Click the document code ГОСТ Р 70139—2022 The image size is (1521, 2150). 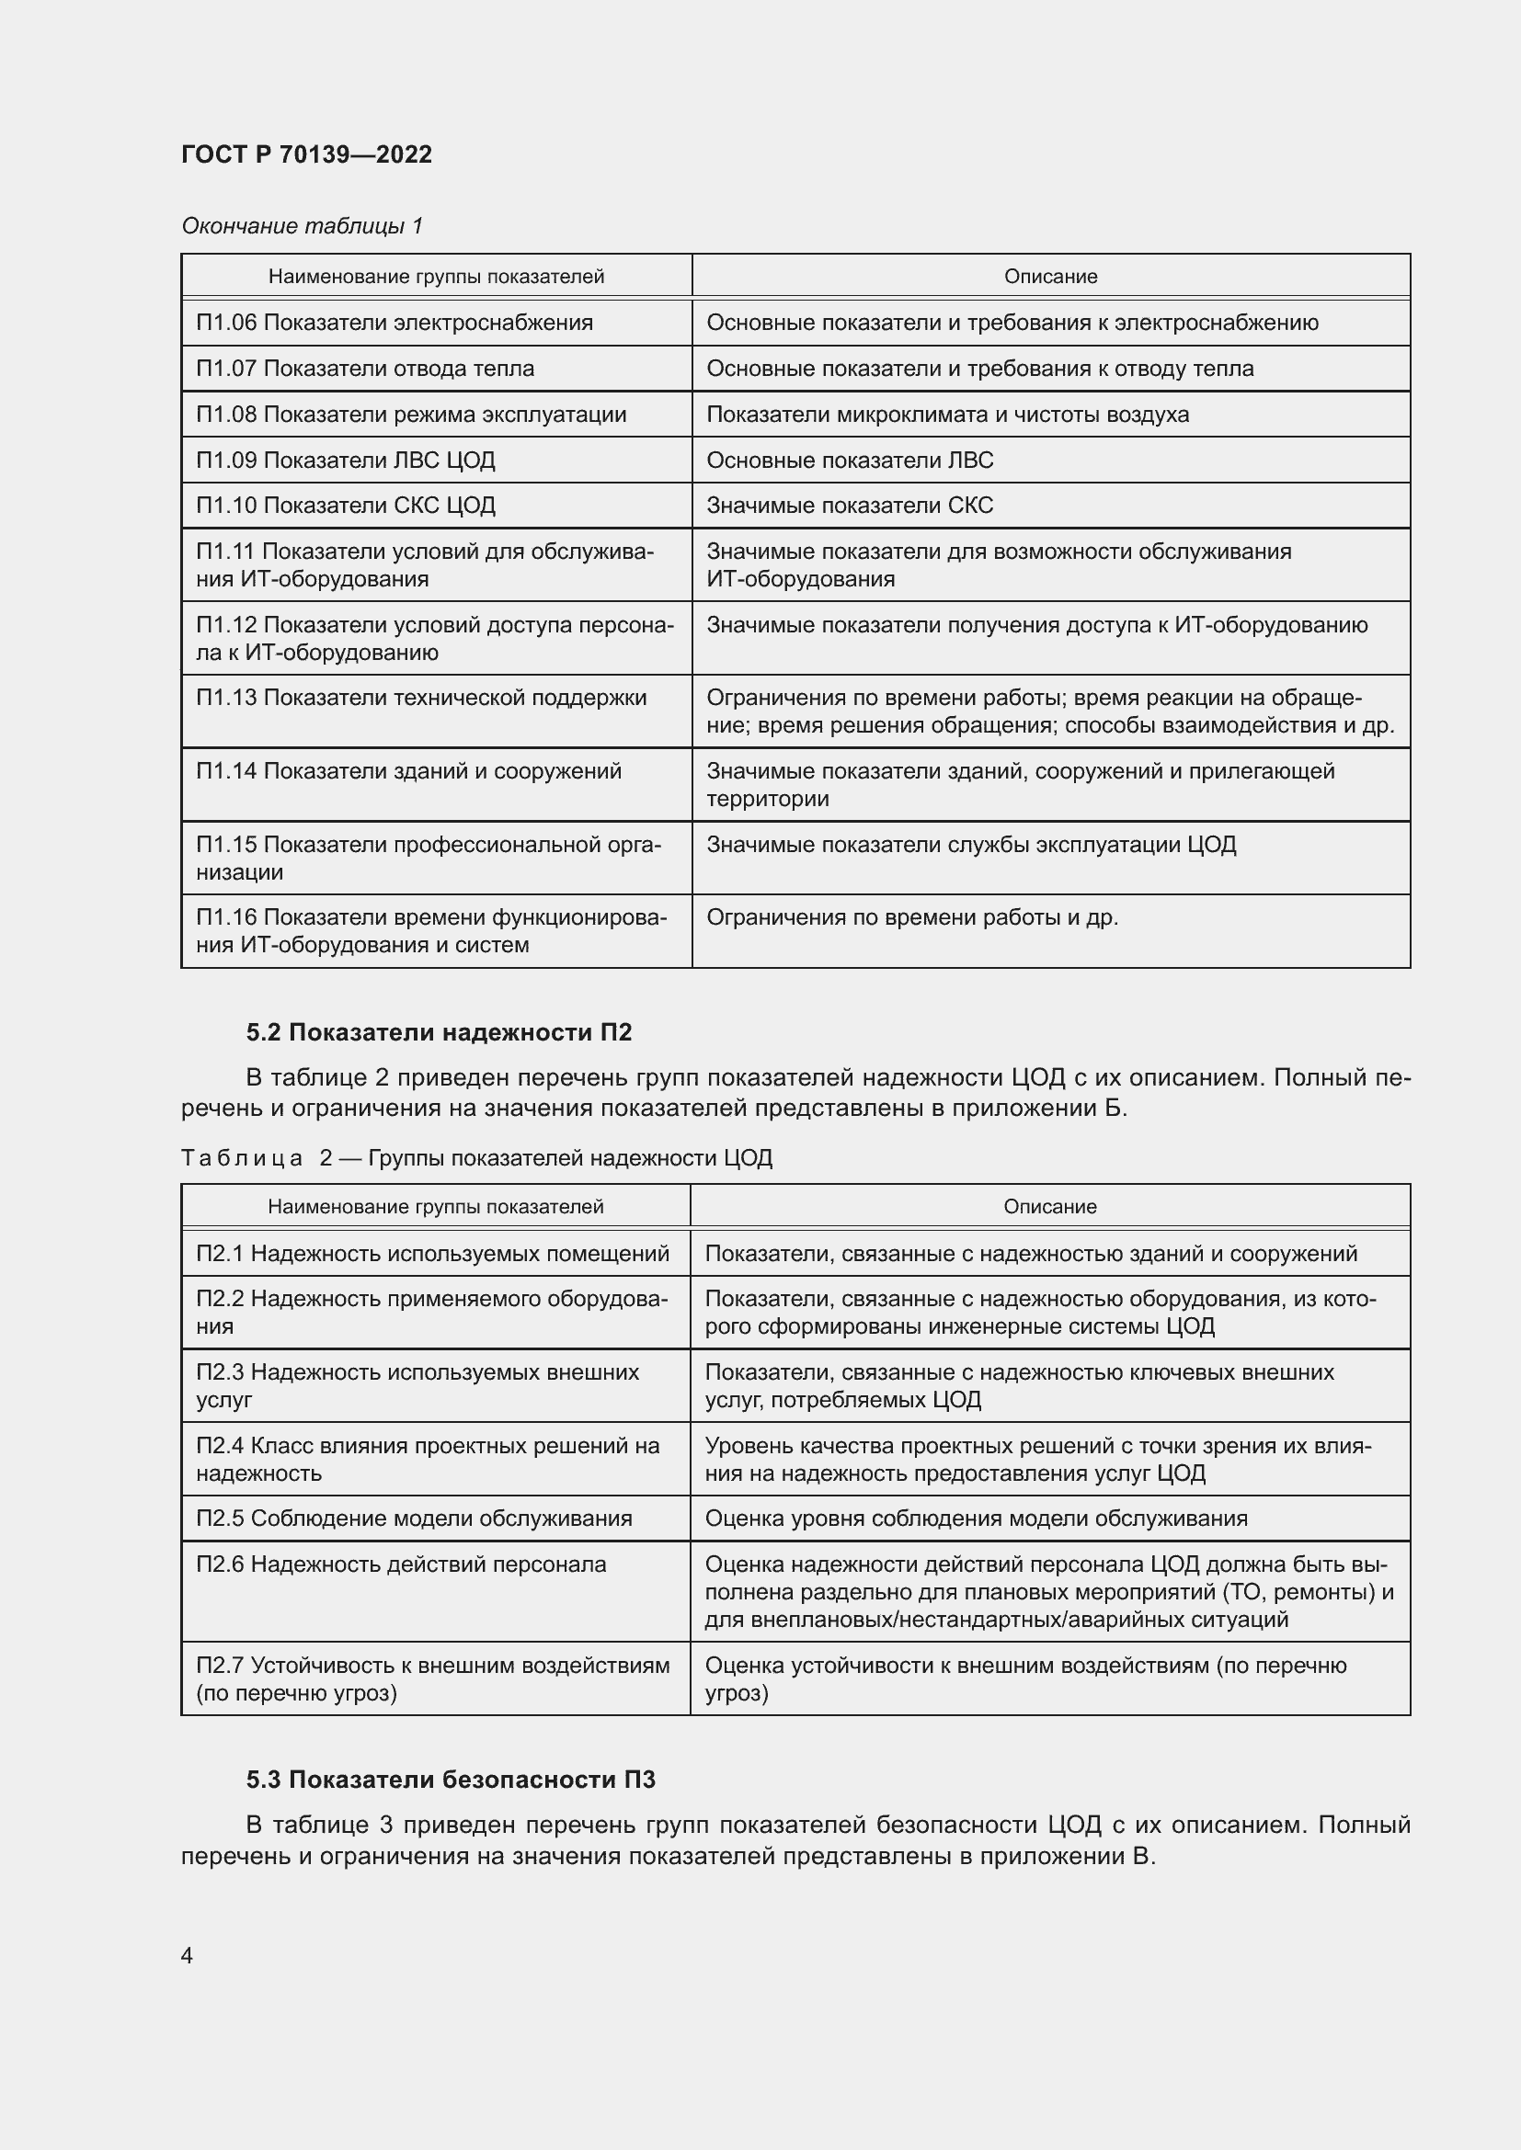point(306,154)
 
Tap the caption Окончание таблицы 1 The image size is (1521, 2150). point(302,226)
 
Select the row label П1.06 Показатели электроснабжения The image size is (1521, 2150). point(395,323)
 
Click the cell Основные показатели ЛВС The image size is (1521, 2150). point(850,461)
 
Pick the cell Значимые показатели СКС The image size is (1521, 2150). point(850,506)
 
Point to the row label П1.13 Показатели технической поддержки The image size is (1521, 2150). point(421,698)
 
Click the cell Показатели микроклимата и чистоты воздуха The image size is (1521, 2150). point(947,415)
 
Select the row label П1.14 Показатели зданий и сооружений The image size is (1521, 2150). point(408,771)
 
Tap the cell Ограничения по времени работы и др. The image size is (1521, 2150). point(912,917)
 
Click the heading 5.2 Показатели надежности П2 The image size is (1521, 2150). point(439,1033)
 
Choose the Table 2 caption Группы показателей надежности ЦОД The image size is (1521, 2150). point(569,1158)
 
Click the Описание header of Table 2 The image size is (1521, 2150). point(1049,1207)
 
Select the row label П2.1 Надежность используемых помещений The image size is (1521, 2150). point(433,1254)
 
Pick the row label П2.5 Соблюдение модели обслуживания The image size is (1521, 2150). point(414,1519)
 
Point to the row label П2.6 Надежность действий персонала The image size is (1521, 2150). point(401,1564)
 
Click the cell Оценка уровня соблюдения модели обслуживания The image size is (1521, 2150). point(976,1519)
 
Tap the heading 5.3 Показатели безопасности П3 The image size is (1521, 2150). point(451,1780)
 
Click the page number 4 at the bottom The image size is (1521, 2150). point(188,1956)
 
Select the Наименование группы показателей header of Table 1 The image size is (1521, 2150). point(436,278)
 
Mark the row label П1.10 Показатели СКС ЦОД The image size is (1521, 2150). point(346,506)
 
